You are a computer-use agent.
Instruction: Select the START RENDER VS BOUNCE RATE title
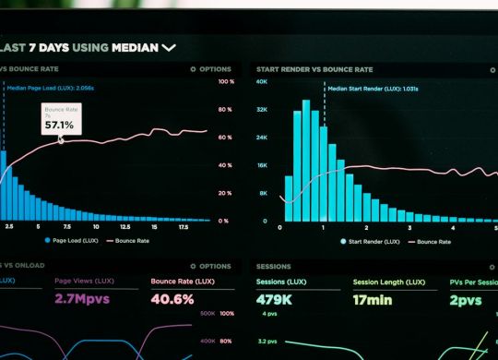click(x=314, y=69)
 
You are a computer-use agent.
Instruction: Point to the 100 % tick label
click(x=224, y=82)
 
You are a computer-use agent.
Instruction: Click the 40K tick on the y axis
click(x=262, y=82)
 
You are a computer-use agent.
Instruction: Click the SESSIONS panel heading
click(x=274, y=266)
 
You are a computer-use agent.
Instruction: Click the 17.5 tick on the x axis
click(x=183, y=226)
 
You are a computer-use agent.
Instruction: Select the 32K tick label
click(x=262, y=110)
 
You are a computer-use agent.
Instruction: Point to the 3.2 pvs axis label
click(x=269, y=340)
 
